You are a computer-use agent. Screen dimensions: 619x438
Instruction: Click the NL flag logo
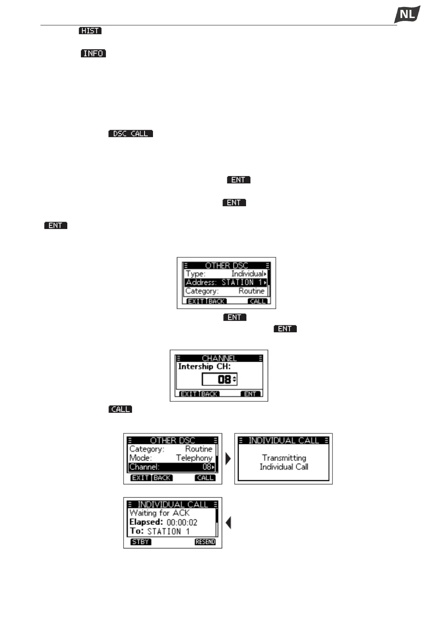click(407, 15)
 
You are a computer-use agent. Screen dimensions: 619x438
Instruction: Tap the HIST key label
click(90, 31)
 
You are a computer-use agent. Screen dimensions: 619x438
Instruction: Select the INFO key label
click(93, 54)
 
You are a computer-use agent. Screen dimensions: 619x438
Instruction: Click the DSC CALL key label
click(131, 134)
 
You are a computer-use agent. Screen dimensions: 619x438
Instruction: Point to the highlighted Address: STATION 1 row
click(226, 282)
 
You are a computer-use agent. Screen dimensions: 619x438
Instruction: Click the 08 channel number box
click(220, 379)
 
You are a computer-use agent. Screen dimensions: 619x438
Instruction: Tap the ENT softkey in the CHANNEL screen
click(250, 394)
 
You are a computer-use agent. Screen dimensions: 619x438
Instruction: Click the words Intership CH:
click(204, 366)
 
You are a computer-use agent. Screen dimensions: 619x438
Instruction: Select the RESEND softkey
click(205, 542)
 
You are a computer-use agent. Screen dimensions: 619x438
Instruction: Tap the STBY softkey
click(140, 542)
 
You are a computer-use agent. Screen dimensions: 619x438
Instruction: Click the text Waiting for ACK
click(160, 513)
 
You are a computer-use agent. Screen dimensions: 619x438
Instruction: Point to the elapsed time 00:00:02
click(182, 522)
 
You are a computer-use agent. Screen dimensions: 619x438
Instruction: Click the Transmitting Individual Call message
click(284, 462)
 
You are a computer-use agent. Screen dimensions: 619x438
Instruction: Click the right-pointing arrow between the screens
click(228, 459)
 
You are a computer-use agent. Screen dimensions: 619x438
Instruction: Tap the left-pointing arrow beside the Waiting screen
click(228, 523)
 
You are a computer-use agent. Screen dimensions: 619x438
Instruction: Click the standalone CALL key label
click(120, 409)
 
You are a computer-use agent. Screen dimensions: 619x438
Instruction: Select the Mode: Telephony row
click(171, 458)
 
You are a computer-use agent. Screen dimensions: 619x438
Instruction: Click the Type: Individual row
click(226, 274)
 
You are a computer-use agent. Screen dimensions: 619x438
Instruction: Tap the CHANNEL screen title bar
click(219, 358)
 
